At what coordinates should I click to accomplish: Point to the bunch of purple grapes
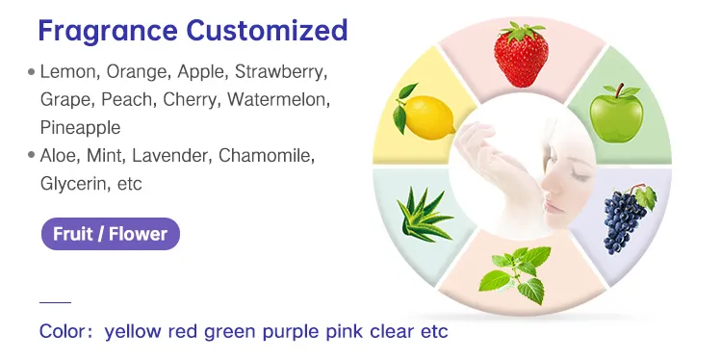629,217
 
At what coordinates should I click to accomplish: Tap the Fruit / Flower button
110,234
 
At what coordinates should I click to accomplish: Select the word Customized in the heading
266,30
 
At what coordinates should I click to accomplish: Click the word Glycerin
73,183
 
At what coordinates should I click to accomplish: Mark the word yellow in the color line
133,332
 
